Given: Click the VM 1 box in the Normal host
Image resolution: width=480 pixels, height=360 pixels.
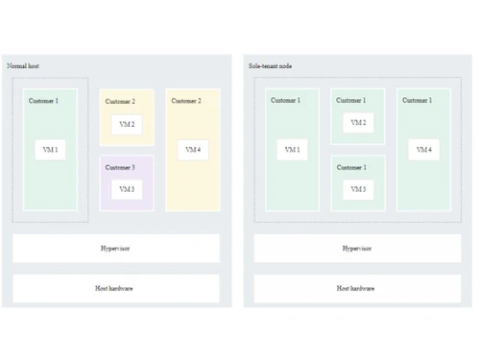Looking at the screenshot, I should click(x=50, y=150).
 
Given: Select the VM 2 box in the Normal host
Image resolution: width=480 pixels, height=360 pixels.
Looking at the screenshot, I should click(x=127, y=125).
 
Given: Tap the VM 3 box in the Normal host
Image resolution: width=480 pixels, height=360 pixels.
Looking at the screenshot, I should click(x=127, y=189).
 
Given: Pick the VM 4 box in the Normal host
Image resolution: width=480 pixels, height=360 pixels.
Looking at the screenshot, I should click(x=193, y=150).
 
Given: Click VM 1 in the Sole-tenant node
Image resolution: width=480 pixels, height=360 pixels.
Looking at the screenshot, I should click(x=292, y=150).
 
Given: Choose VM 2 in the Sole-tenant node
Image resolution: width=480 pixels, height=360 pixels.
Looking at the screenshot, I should click(x=358, y=123).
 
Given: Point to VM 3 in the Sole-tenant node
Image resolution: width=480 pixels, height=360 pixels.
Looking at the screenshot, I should click(x=358, y=189).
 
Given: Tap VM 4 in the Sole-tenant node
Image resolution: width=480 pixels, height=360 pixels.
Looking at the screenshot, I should click(x=423, y=150).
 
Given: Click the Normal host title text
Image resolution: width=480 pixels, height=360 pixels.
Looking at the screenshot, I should click(x=23, y=66).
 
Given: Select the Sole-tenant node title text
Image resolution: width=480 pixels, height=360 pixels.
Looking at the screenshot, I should click(x=270, y=66).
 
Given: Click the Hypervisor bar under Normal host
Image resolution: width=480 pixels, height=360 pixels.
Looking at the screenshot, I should click(x=115, y=249).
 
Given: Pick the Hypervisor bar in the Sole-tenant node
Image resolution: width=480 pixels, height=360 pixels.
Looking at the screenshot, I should click(x=357, y=249).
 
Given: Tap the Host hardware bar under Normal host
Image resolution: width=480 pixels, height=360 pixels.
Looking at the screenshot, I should click(x=115, y=288).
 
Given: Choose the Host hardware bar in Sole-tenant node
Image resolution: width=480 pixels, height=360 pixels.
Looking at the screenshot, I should click(x=357, y=288).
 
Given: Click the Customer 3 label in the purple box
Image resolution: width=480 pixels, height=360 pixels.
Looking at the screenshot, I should click(x=120, y=168).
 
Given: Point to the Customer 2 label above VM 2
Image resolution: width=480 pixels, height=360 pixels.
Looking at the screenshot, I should click(x=120, y=102).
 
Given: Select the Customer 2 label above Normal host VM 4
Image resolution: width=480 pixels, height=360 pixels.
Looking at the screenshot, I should click(x=186, y=101).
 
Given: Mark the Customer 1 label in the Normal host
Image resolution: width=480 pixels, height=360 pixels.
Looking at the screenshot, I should click(x=43, y=101).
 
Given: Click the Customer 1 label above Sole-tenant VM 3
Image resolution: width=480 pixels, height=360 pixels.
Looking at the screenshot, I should click(x=351, y=168).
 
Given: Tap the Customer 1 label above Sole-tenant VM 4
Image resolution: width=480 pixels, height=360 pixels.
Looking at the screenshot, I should click(x=417, y=101).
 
